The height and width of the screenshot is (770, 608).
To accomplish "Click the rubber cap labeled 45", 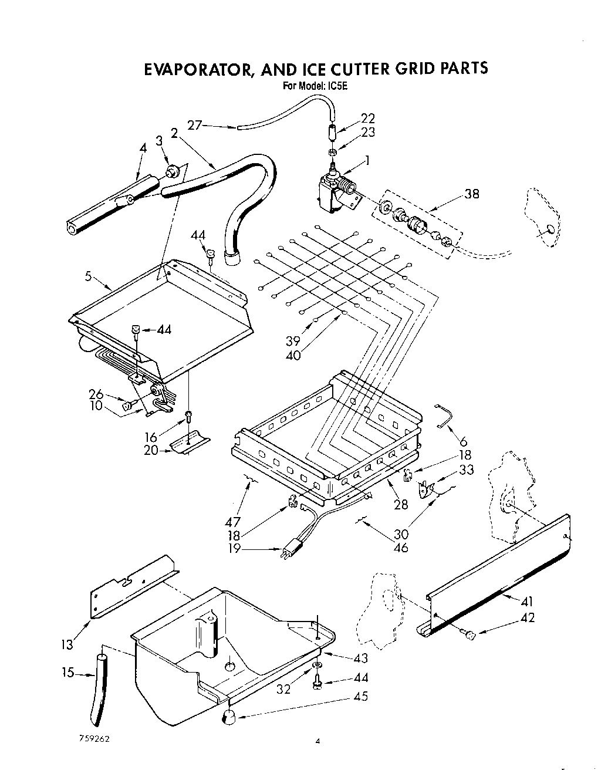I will [227, 717].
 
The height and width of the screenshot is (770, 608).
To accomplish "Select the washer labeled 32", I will [317, 664].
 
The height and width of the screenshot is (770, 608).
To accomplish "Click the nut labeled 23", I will [332, 153].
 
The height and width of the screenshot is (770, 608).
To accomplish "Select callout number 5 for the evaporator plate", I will [89, 276].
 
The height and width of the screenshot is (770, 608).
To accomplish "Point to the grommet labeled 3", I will [173, 172].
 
